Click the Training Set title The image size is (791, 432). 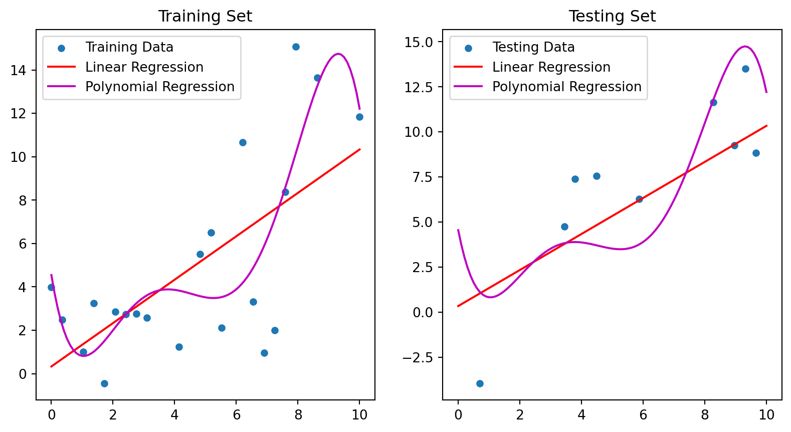[x=205, y=17]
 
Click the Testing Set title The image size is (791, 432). [x=612, y=17]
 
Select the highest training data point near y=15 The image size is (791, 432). [x=296, y=47]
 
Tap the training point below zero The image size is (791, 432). [x=104, y=383]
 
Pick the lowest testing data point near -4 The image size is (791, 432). [x=480, y=383]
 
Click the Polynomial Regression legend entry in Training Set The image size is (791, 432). [x=159, y=87]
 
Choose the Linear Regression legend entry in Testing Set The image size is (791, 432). [x=551, y=67]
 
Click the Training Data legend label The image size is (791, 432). [x=129, y=47]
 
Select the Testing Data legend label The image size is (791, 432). [x=533, y=47]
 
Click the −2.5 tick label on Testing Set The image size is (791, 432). [x=417, y=358]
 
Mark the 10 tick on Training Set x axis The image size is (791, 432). [x=359, y=415]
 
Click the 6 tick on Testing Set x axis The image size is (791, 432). [x=643, y=415]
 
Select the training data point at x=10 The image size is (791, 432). [x=359, y=117]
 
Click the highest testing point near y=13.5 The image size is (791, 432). [x=745, y=69]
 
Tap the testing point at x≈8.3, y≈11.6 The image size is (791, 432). [x=713, y=102]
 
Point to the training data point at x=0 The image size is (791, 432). [x=51, y=287]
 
